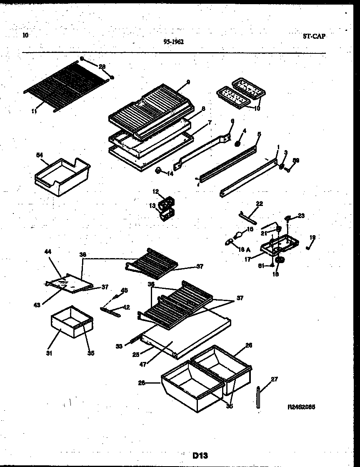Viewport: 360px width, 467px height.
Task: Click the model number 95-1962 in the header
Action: pos(174,41)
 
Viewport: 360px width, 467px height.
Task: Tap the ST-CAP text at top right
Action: pos(314,36)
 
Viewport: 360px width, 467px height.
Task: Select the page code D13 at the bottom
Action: pos(200,455)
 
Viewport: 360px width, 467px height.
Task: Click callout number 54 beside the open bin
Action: pos(40,155)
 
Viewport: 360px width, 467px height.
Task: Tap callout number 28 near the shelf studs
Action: pos(102,66)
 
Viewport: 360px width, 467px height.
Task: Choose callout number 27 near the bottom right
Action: pos(274,379)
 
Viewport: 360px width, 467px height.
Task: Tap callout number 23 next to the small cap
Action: pos(301,216)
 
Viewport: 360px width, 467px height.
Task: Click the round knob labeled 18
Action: pos(280,260)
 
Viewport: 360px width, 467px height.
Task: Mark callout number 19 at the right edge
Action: pos(312,237)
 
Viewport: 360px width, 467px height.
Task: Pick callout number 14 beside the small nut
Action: pos(170,173)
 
